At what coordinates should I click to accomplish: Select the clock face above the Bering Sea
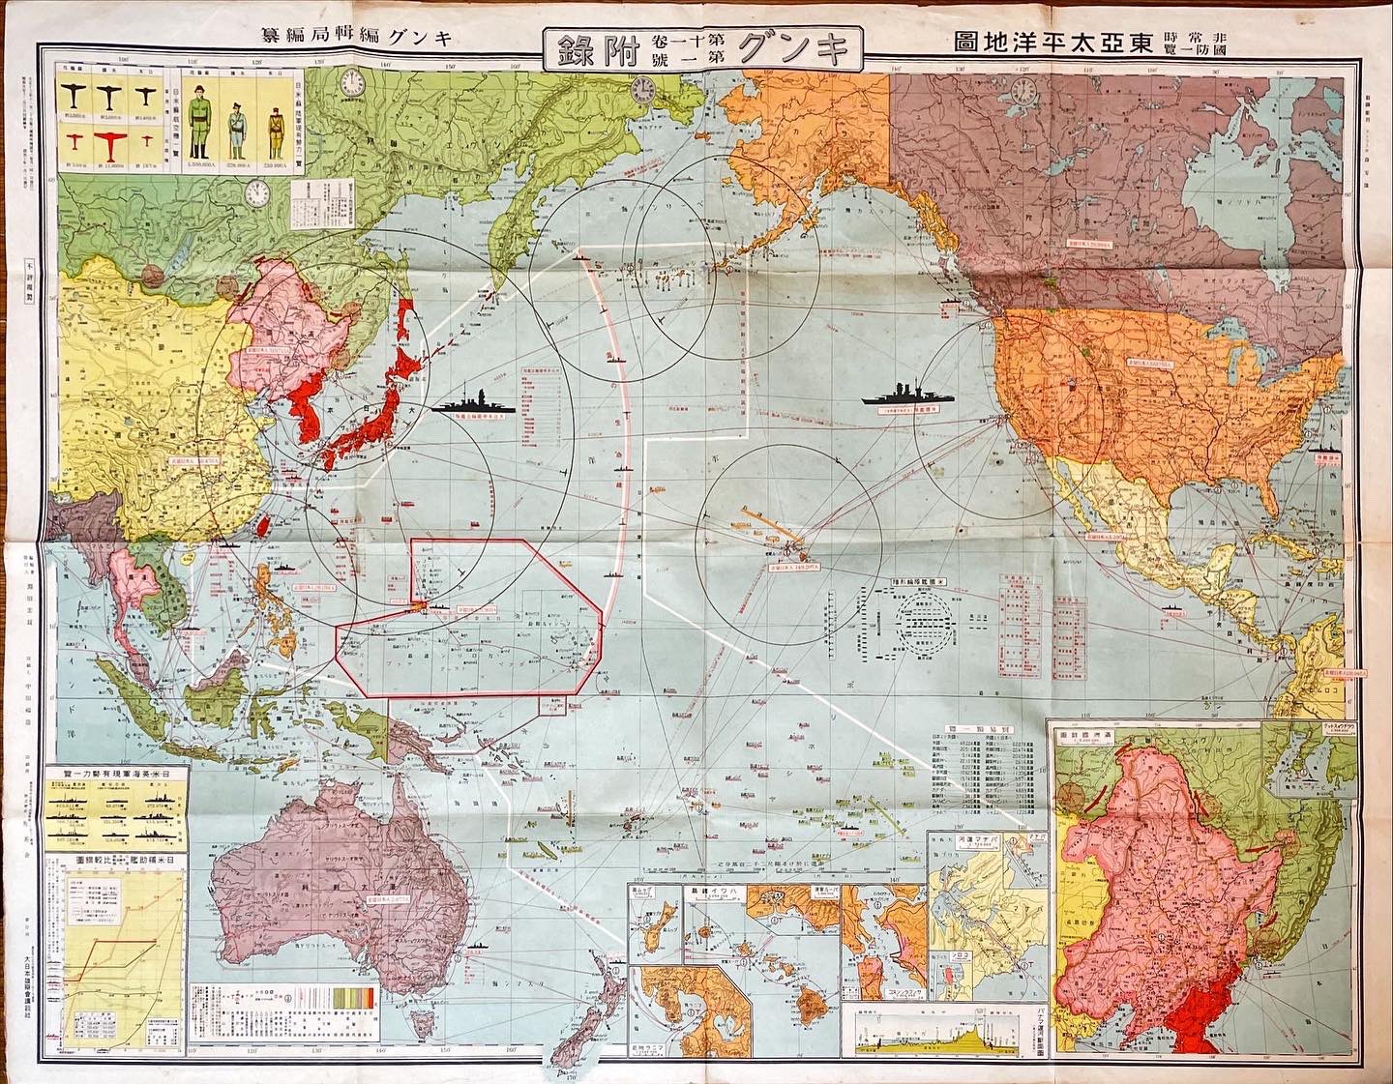click(641, 91)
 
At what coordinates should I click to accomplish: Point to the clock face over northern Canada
click(1022, 93)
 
